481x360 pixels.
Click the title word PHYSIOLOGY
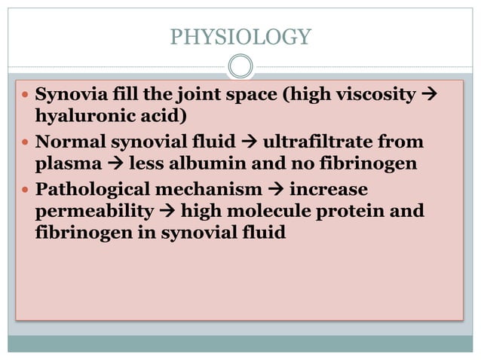point(240,36)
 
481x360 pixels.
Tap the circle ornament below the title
point(240,66)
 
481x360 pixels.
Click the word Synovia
point(67,96)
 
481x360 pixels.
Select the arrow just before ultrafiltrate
point(248,142)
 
